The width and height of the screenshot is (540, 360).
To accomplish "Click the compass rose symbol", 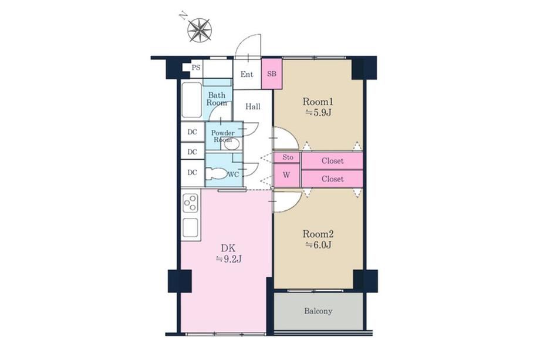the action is tap(200, 31).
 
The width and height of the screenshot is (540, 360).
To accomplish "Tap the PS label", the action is tap(196, 68).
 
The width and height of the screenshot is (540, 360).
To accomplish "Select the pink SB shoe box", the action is tap(272, 73).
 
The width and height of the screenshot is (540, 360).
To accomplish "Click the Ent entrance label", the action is tap(247, 74).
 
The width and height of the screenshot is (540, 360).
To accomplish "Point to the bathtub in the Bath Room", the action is tap(191, 100).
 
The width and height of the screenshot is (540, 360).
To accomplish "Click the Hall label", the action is tap(253, 107).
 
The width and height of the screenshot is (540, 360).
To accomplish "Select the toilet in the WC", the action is tap(215, 173).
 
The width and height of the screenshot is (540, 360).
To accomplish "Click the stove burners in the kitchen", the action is tap(190, 203).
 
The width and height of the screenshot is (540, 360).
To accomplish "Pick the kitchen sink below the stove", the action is tap(190, 227).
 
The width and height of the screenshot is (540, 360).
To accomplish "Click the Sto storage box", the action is tap(288, 157).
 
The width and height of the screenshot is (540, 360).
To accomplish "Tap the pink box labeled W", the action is tap(287, 175).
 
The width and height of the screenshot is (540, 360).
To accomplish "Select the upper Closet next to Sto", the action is tap(332, 161).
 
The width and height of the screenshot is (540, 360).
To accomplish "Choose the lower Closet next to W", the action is tap(332, 179).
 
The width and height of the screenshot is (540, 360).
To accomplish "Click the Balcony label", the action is tap(318, 311).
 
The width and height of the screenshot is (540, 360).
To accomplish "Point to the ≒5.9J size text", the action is tap(318, 112).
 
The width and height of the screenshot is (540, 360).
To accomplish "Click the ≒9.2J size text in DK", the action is tap(228, 259).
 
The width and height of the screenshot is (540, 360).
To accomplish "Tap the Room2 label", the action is tap(318, 234).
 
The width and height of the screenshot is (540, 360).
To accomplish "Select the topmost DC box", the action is tap(193, 132).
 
